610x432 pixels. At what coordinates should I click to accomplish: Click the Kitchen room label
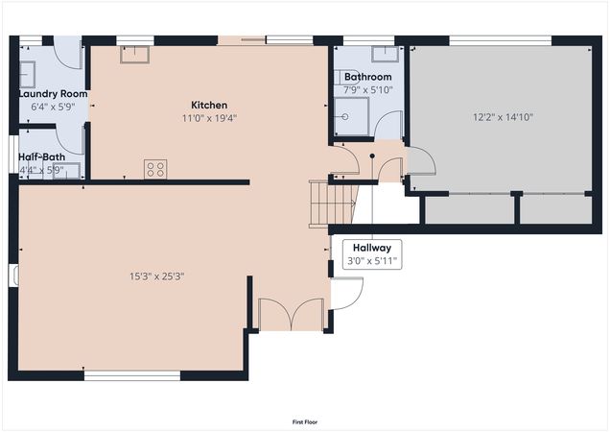tap(208, 105)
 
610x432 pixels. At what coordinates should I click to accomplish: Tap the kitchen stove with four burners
tap(154, 169)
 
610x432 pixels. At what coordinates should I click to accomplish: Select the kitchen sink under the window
tap(134, 55)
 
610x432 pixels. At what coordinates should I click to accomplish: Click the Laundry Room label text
tap(53, 94)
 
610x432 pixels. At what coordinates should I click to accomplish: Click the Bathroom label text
tap(367, 77)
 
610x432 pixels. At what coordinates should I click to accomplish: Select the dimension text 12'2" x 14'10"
tap(503, 117)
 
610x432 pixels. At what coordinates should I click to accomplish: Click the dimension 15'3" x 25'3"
tap(156, 276)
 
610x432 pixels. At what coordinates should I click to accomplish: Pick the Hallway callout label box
tap(370, 252)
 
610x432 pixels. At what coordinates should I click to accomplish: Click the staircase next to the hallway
tap(332, 204)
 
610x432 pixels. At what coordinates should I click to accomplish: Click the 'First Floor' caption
tap(305, 421)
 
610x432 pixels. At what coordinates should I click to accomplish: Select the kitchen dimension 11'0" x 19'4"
tap(209, 119)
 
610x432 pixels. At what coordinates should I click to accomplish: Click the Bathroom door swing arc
tap(388, 125)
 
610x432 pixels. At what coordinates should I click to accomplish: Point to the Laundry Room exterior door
tap(67, 52)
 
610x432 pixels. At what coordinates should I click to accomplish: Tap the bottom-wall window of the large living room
tap(118, 375)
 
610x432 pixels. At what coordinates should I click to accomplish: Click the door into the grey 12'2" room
tap(420, 160)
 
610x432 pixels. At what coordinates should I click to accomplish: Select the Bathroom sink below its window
tap(368, 55)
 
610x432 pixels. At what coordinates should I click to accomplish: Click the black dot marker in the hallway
tap(372, 156)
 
